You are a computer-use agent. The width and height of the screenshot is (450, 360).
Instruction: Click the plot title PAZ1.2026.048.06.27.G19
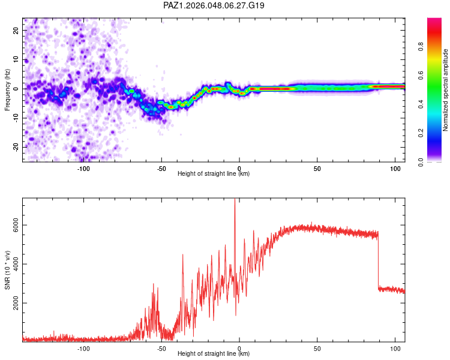coord(214,5)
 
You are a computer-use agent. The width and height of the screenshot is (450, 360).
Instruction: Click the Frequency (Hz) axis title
coord(7,90)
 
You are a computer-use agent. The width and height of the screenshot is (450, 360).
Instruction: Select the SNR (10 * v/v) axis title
coord(7,270)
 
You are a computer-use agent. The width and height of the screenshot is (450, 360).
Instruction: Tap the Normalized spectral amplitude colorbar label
coord(446,90)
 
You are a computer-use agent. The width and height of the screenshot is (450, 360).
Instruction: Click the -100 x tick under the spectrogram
coord(83,169)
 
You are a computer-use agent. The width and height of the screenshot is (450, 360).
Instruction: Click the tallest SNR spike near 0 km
coord(235,202)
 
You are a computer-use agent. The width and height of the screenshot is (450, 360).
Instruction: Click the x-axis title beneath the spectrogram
coord(214,174)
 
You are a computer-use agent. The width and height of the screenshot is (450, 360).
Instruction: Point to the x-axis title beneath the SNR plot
coord(214,354)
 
